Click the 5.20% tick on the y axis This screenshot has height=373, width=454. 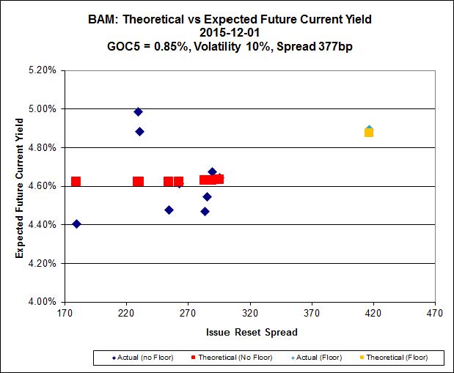coord(42,70)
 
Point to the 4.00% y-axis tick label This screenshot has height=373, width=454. coord(42,301)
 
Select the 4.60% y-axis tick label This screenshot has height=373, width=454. coord(42,186)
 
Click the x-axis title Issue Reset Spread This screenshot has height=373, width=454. coord(251,332)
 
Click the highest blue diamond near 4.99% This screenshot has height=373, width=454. coord(138,112)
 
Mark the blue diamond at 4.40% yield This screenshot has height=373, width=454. coord(76,224)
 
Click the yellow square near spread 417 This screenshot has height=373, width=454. coord(369,133)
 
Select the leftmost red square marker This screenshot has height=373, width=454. coord(76,182)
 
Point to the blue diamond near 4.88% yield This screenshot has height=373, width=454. coord(139,132)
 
